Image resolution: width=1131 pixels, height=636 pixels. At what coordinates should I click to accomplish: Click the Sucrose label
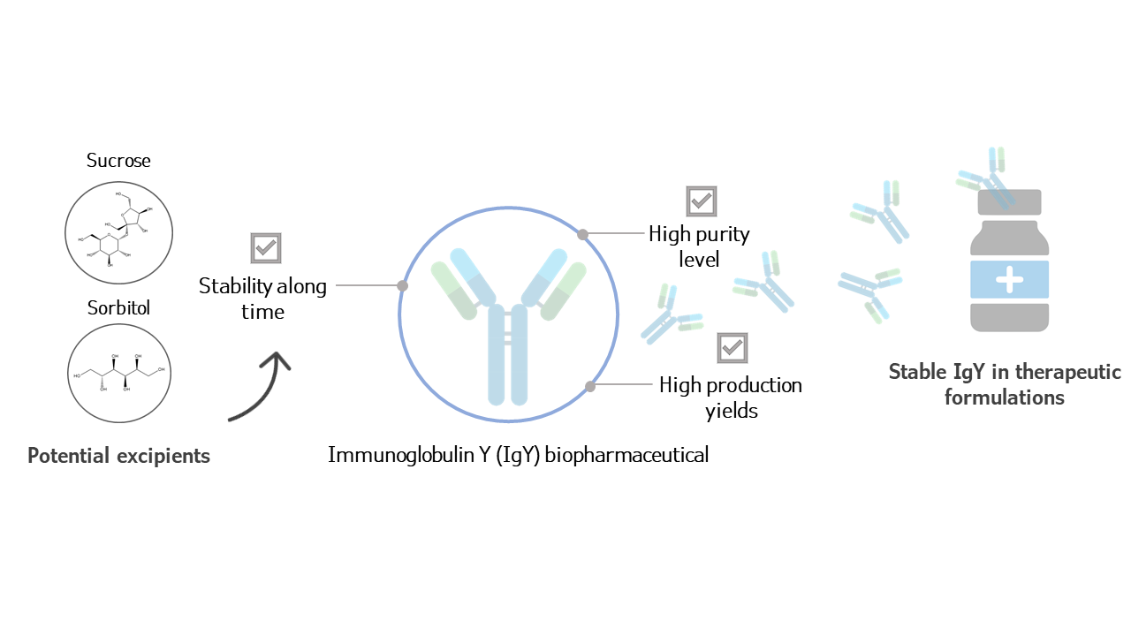pyautogui.click(x=118, y=161)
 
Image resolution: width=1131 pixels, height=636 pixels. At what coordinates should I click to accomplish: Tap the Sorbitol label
pyautogui.click(x=118, y=308)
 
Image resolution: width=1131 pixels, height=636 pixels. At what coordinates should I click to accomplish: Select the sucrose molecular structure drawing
pyautogui.click(x=118, y=232)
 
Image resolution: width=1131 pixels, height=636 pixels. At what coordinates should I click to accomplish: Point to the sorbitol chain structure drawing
pyautogui.click(x=118, y=372)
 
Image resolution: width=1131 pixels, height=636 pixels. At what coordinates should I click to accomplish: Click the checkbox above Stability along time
pyautogui.click(x=265, y=248)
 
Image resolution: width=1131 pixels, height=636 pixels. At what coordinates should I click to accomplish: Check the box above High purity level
pyautogui.click(x=702, y=201)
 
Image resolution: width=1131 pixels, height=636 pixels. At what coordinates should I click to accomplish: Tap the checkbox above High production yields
pyautogui.click(x=732, y=348)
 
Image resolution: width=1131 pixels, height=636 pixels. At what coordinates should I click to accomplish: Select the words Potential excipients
pyautogui.click(x=118, y=456)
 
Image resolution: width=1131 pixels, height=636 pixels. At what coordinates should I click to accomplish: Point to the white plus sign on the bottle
pyautogui.click(x=1009, y=279)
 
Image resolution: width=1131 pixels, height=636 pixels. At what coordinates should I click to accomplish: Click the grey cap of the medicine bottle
pyautogui.click(x=1009, y=203)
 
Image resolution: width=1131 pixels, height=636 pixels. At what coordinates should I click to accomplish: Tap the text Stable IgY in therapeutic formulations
pyautogui.click(x=1005, y=384)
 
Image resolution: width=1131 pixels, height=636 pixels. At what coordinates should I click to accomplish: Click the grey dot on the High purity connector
pyautogui.click(x=582, y=234)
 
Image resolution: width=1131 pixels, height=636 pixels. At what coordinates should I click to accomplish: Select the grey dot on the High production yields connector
pyautogui.click(x=590, y=386)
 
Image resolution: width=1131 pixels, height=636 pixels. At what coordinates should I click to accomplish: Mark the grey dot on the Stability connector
pyautogui.click(x=403, y=285)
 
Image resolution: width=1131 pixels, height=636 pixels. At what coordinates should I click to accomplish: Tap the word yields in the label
pyautogui.click(x=732, y=411)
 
